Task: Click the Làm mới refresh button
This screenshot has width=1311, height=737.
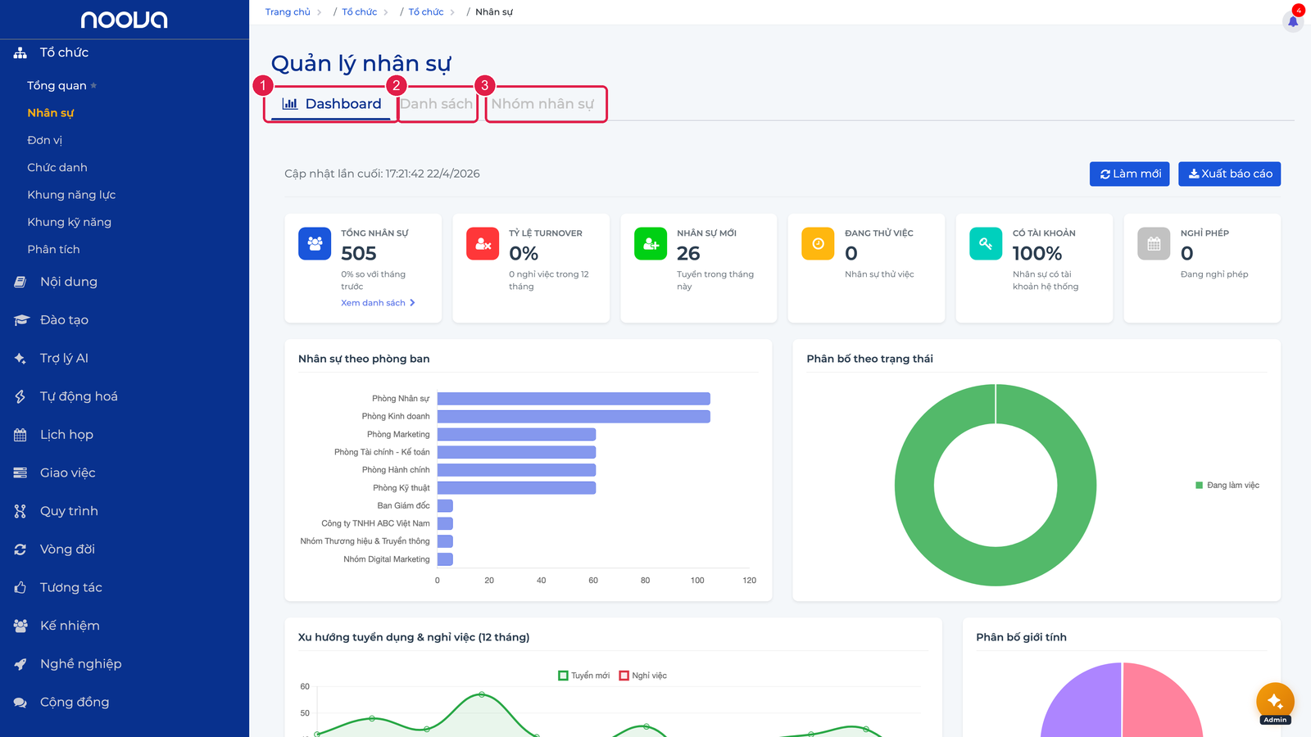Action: (x=1130, y=174)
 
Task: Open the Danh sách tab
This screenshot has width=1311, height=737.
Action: (x=436, y=104)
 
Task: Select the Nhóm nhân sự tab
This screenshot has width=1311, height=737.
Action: (x=542, y=104)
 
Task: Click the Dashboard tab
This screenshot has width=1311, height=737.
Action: (x=331, y=104)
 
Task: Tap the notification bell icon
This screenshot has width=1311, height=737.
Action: (x=1293, y=22)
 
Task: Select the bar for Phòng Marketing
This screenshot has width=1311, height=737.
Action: (x=516, y=434)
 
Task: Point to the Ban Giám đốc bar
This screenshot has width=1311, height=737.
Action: (x=445, y=505)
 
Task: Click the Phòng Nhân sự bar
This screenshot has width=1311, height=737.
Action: (x=574, y=398)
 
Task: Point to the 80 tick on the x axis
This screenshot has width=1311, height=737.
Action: (x=645, y=581)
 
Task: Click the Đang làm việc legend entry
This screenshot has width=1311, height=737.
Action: (x=1227, y=485)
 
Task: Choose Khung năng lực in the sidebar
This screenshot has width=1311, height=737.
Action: (x=71, y=195)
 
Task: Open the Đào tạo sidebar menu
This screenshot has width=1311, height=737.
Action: (x=65, y=320)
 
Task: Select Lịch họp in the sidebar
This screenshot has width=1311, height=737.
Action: (x=66, y=435)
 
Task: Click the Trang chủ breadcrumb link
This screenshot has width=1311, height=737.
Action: (x=288, y=11)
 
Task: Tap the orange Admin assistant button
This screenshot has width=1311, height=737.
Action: (x=1275, y=702)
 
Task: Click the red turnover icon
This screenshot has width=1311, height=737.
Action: (x=483, y=243)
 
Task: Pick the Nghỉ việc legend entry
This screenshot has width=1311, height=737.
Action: (x=643, y=676)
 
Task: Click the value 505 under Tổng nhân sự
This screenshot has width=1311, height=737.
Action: (x=359, y=253)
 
